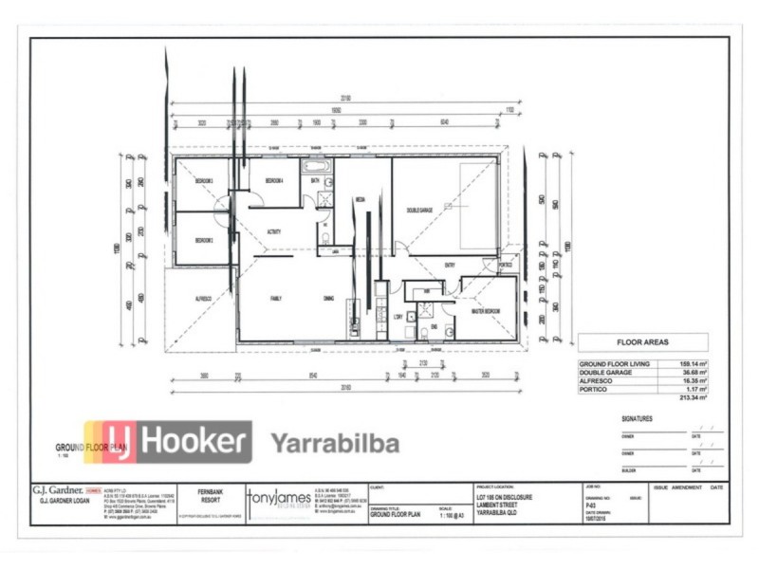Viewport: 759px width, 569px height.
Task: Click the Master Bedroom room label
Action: [481, 311]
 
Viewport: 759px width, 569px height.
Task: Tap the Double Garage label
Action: [419, 211]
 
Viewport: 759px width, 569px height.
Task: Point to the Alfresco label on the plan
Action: [203, 298]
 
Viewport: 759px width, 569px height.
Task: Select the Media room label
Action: [361, 200]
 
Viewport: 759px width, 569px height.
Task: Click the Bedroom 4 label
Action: [274, 180]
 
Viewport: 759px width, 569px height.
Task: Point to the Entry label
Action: [448, 265]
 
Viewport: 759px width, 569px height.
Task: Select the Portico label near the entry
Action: [505, 265]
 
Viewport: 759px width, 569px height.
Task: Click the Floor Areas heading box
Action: [643, 342]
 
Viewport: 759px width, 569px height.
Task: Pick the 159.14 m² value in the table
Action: [690, 363]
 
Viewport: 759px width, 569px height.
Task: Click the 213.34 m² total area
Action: [690, 397]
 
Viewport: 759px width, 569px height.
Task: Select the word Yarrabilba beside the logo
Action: [335, 443]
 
